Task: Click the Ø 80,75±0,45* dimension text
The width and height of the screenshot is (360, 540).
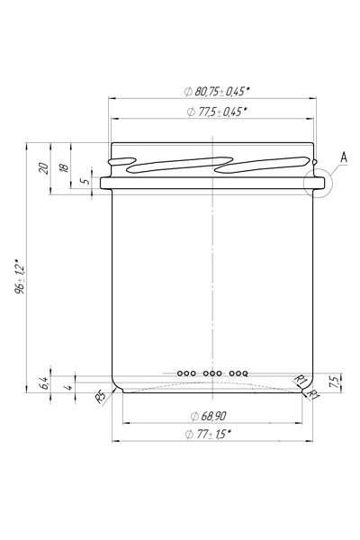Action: tap(217, 92)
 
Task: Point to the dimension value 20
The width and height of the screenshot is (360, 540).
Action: tap(44, 168)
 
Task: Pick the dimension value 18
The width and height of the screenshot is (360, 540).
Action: tap(64, 167)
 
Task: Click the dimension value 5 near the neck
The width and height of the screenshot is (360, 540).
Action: tap(85, 181)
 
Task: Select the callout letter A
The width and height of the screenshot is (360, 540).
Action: tap(344, 157)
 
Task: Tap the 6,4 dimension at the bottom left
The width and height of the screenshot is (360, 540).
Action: tap(44, 382)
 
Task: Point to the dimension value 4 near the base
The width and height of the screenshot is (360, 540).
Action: tap(69, 387)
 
